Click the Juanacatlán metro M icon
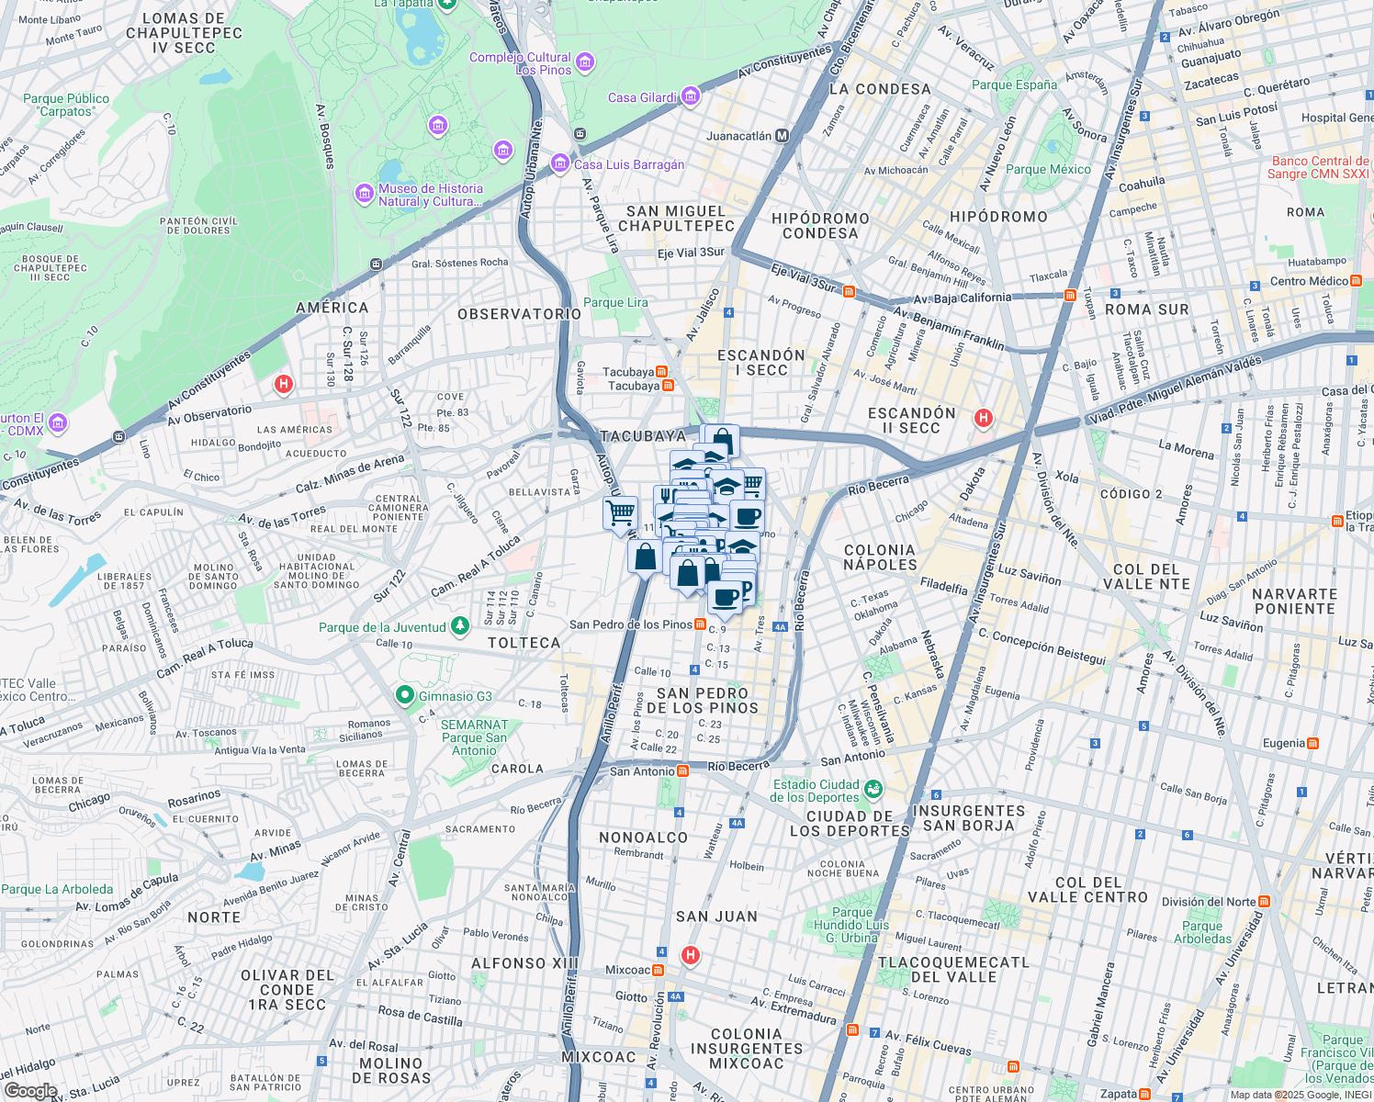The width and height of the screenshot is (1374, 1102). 783,136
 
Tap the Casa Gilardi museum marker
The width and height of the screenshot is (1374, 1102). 691,96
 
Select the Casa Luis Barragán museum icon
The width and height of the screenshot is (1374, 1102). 559,163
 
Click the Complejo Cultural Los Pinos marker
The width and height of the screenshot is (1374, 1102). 585,62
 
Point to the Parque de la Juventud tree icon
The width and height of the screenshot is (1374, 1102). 460,626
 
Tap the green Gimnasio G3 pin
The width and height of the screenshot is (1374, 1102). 404,696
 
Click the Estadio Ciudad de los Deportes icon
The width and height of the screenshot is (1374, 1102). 873,789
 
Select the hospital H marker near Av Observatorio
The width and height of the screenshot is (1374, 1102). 284,384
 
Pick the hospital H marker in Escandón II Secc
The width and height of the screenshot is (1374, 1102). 984,419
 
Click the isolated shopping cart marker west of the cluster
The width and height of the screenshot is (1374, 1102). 621,512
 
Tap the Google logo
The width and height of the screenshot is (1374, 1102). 30,1090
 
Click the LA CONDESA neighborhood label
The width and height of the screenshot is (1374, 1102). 880,89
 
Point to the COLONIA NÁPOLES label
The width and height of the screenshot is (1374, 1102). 880,557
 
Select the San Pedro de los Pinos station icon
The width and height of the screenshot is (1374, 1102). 701,624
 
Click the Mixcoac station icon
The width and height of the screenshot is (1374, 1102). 659,970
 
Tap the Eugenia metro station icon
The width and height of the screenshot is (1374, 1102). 1313,743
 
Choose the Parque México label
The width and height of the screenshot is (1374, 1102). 1048,169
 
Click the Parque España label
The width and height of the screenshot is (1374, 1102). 1014,84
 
